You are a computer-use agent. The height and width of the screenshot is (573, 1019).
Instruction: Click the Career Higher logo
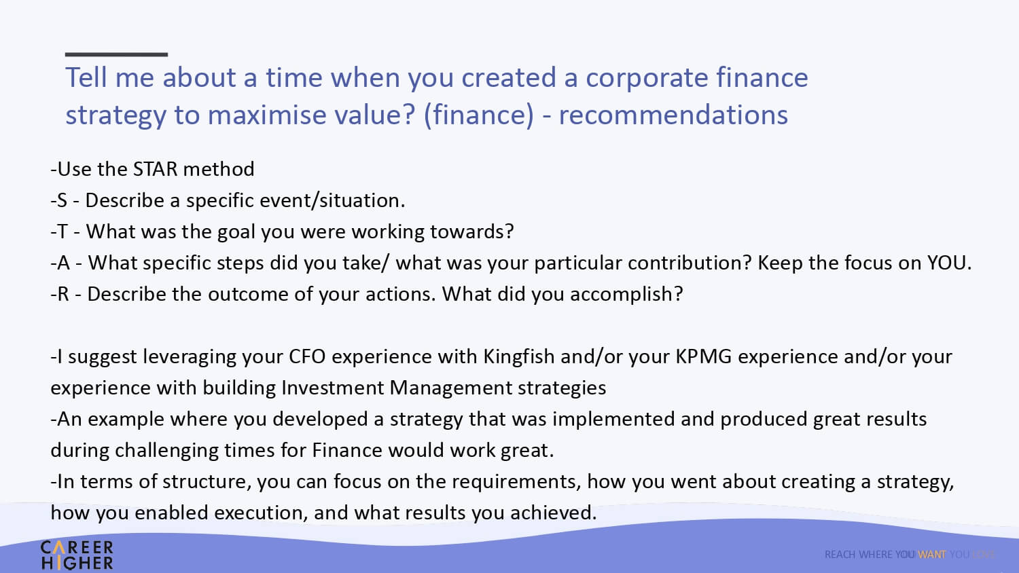77,555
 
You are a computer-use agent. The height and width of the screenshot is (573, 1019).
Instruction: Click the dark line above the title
116,54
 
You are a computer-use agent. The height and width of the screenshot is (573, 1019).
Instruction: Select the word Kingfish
518,357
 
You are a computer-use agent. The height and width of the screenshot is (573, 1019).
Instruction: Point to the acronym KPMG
703,356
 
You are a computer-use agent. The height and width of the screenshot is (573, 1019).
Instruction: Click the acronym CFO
307,356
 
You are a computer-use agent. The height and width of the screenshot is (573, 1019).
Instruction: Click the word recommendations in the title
673,114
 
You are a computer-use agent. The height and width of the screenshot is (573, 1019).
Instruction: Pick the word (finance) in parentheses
478,114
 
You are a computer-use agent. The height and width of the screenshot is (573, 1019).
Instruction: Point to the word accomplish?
626,295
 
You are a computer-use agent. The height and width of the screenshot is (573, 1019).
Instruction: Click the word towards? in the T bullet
471,232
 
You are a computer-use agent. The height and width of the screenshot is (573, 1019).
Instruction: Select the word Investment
333,388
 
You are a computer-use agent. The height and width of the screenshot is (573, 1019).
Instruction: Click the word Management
451,388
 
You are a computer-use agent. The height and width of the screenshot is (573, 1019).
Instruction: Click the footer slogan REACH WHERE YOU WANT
885,555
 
